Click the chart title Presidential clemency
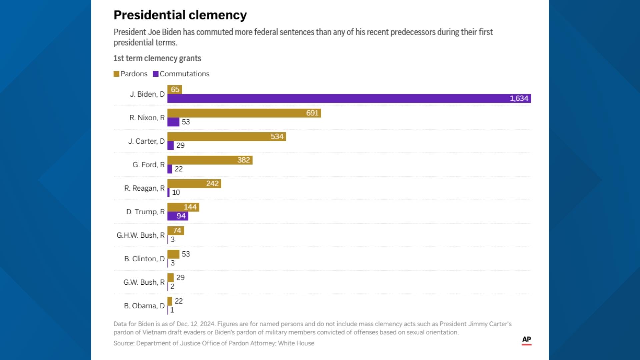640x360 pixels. point(180,15)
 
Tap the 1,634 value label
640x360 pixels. point(519,98)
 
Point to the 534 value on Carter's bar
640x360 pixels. point(277,137)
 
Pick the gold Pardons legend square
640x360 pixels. point(116,74)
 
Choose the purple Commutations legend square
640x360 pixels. point(156,74)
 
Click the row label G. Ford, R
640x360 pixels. point(148,165)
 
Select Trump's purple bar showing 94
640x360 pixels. point(178,216)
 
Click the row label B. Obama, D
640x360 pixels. point(144,306)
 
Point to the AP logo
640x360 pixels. point(526,340)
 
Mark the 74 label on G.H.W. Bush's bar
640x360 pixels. point(177,231)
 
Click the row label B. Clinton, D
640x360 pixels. point(144,259)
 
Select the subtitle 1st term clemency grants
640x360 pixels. point(157,58)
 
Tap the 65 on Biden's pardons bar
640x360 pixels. point(175,90)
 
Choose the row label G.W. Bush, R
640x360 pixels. point(144,282)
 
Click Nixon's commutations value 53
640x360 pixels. point(186,122)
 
